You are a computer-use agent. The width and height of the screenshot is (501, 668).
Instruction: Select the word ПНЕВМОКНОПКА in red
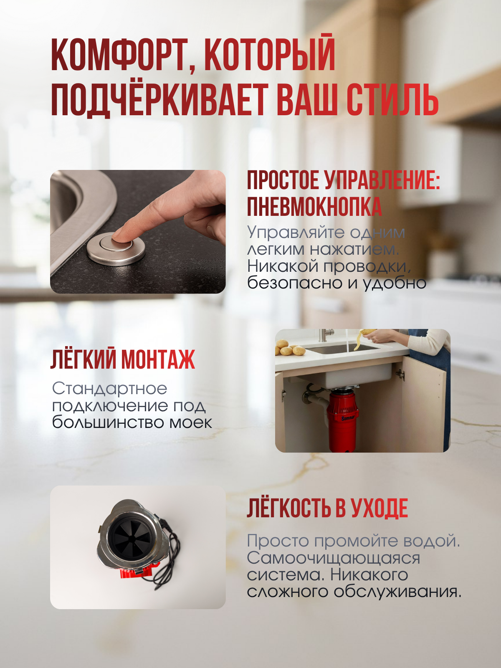314,207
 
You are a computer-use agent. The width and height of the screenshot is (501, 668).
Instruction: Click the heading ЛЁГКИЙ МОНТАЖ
123,359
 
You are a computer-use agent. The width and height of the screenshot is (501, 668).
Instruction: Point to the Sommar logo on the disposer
347,418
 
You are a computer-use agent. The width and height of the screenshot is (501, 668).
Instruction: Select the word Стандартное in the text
109,389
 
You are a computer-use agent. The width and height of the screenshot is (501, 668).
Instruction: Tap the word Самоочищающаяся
333,558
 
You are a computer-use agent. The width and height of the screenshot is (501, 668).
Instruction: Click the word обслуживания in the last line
397,592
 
